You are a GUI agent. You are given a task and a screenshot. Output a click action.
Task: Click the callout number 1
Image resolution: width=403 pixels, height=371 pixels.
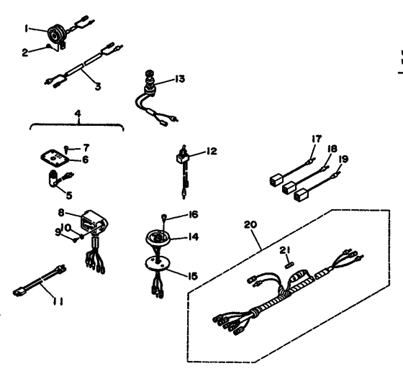[26, 28]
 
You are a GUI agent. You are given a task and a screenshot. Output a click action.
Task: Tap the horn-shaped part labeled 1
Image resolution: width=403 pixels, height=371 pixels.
[56, 35]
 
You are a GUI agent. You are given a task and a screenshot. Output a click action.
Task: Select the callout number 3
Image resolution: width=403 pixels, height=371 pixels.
[98, 86]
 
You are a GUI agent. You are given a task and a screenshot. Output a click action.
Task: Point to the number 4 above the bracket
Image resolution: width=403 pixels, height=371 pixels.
[78, 114]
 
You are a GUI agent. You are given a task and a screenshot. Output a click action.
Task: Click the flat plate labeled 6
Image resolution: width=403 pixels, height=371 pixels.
[55, 159]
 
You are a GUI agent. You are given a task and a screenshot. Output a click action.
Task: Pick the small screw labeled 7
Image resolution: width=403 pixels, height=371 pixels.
[66, 149]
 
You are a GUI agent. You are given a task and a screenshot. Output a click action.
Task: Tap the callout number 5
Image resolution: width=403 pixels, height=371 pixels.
[69, 196]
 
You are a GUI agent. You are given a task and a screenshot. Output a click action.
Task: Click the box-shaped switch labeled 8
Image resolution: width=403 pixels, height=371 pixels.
[93, 222]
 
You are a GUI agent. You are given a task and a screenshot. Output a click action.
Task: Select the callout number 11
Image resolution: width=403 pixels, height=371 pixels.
[58, 301]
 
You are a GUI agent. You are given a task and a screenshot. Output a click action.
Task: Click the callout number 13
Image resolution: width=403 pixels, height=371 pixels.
[180, 79]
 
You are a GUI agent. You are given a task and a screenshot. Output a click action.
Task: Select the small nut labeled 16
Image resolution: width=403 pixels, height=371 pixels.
[163, 218]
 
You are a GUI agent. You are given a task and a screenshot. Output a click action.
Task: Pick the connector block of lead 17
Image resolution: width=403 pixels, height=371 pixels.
[276, 179]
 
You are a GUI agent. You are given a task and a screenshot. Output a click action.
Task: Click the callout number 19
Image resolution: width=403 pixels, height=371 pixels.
[344, 159]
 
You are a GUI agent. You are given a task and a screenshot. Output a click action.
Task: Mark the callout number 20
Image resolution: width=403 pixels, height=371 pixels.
[250, 224]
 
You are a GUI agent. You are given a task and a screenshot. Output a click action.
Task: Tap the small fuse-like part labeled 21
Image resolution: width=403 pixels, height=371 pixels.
[289, 265]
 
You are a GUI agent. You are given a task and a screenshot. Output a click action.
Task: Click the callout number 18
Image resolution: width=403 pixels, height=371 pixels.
[332, 149]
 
